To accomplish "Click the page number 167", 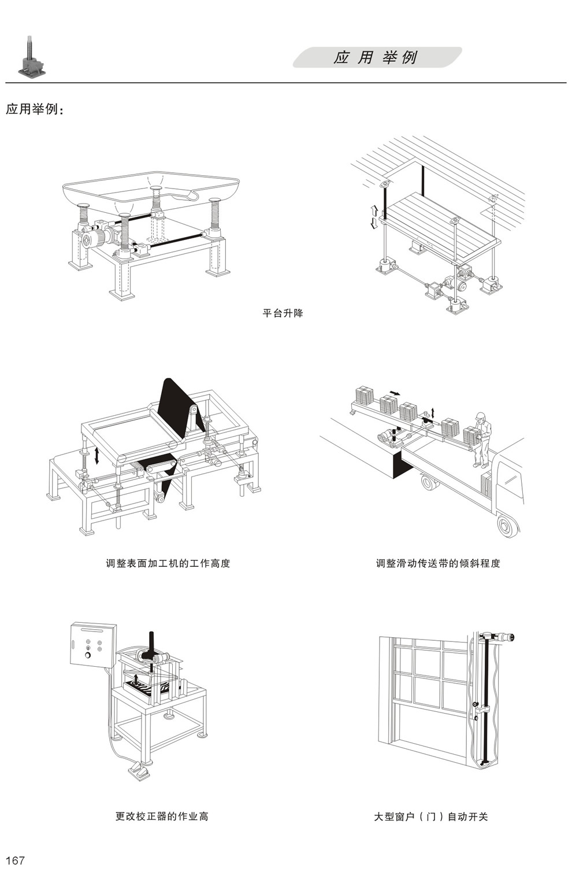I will click(x=15, y=861).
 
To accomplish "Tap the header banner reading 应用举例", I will click(x=376, y=58).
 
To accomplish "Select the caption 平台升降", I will click(x=283, y=313).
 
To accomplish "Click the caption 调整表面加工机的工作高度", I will click(x=168, y=563).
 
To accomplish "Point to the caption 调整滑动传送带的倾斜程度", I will click(x=438, y=563).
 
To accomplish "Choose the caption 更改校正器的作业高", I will click(x=162, y=817).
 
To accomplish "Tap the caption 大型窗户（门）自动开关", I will click(x=431, y=817).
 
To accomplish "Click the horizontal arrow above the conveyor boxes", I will click(x=393, y=393).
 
